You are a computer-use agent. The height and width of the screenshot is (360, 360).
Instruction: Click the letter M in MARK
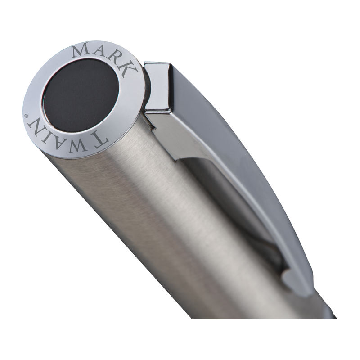(x=79, y=51)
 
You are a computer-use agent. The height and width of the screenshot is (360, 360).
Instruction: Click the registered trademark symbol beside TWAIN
(x=26, y=116)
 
